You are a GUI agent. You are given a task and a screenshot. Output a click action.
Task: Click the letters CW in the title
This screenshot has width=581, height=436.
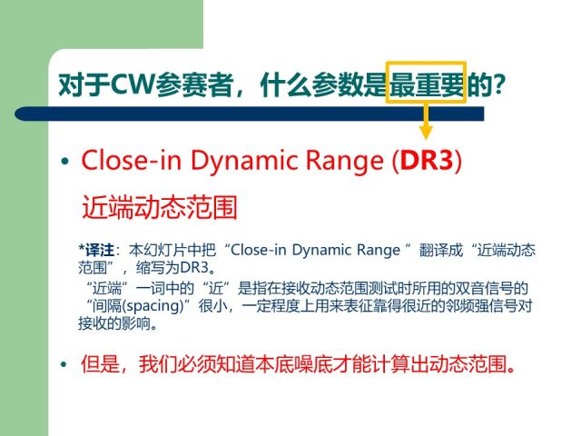(133, 84)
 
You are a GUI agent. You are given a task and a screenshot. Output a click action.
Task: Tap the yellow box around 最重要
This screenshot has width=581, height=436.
(426, 63)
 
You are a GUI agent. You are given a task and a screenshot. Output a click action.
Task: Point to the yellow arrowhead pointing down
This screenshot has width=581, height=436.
(426, 132)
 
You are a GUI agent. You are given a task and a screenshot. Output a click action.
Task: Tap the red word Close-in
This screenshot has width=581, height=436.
(131, 161)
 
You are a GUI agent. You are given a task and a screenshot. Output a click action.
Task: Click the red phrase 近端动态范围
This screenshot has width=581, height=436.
(160, 207)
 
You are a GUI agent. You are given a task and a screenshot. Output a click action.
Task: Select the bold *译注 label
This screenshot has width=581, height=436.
(96, 250)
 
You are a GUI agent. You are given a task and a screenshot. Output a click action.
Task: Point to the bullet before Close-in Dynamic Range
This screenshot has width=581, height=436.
(65, 162)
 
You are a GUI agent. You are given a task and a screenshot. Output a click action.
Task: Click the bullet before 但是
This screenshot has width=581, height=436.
(64, 364)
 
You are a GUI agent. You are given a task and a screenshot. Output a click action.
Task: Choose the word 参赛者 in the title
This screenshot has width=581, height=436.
(193, 84)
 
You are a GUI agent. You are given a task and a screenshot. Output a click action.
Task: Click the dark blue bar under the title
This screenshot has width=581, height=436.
(250, 114)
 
